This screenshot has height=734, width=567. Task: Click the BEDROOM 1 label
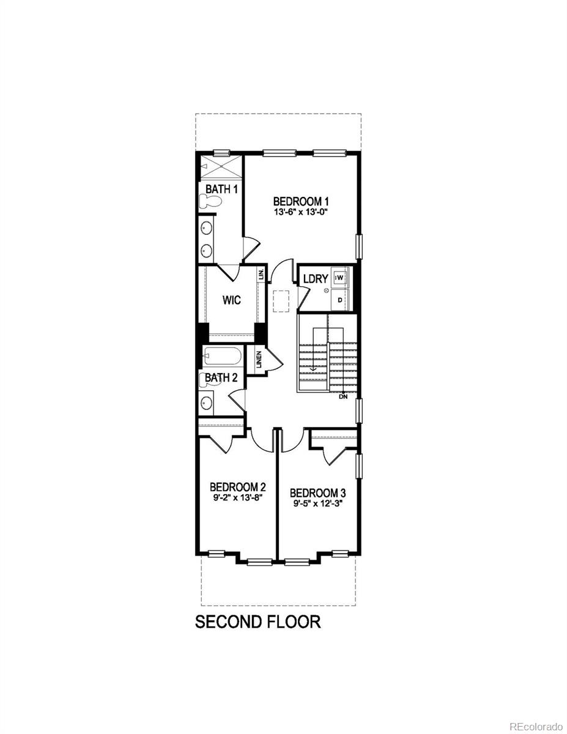click(x=301, y=201)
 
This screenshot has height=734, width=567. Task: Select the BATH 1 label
click(x=221, y=189)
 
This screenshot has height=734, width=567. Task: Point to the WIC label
click(x=231, y=300)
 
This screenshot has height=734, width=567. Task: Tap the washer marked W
click(x=340, y=277)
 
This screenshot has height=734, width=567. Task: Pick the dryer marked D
click(x=340, y=300)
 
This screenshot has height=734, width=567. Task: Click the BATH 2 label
click(x=220, y=378)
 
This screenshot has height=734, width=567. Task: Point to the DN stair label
click(x=343, y=396)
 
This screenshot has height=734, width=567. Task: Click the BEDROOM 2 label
click(x=237, y=487)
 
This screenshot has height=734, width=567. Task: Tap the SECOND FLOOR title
click(x=258, y=622)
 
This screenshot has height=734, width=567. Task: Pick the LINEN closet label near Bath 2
click(x=259, y=358)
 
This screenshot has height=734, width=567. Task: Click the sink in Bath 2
click(x=207, y=402)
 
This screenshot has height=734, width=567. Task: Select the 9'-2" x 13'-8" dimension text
click(x=237, y=498)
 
